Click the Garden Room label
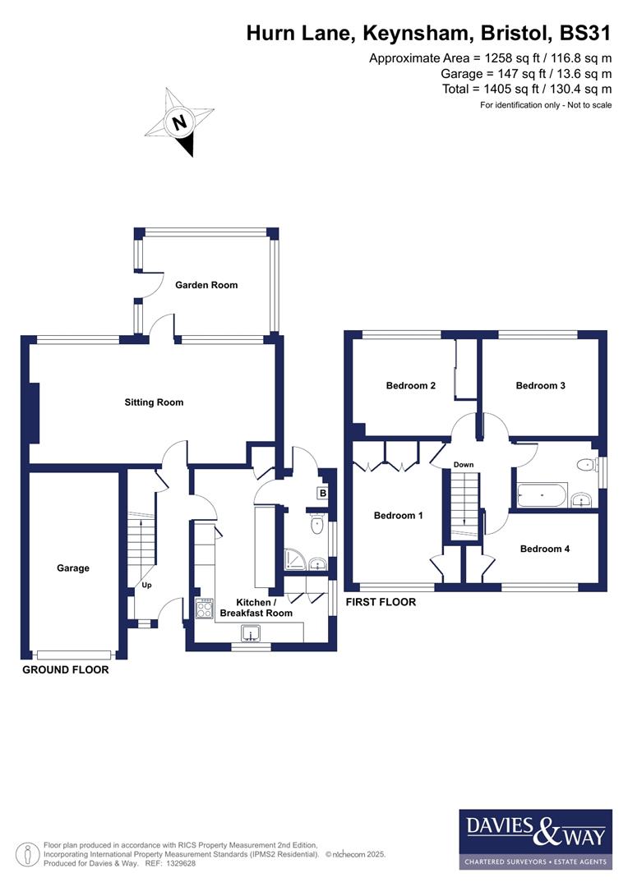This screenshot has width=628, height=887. (x=206, y=285)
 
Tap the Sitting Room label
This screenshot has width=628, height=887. (x=154, y=402)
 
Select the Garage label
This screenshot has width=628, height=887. (x=73, y=568)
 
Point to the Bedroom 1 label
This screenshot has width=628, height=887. (x=398, y=516)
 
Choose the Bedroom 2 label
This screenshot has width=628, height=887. (x=410, y=385)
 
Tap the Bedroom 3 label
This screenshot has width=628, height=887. (x=540, y=385)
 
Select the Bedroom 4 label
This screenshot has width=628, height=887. (x=544, y=549)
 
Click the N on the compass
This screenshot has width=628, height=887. (x=178, y=124)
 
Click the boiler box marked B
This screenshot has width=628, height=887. (x=323, y=494)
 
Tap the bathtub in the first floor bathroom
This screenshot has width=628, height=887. (x=541, y=496)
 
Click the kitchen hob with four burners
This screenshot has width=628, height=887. (x=204, y=609)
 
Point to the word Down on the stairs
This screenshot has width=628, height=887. (x=464, y=465)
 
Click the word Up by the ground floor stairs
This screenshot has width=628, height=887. (x=147, y=586)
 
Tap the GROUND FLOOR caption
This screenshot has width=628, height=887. (x=65, y=669)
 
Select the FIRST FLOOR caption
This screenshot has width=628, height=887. (x=380, y=602)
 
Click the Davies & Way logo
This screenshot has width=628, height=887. (x=535, y=839)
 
